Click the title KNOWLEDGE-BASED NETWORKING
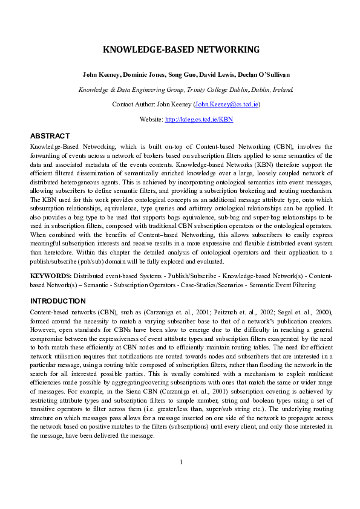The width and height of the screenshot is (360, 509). [180, 50]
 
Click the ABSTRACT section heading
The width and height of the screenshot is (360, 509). [50, 136]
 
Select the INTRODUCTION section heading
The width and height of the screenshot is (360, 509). [58, 300]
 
